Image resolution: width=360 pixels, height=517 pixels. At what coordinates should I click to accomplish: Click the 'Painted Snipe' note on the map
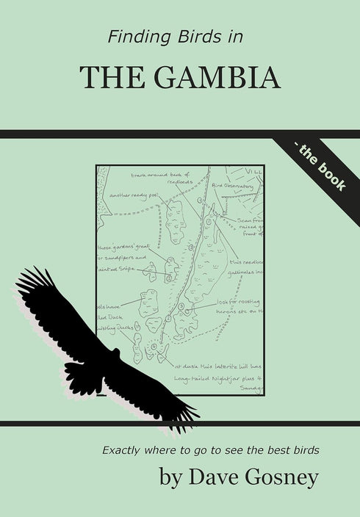[118, 270]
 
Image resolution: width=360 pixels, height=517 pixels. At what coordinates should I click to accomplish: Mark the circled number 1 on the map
[209, 221]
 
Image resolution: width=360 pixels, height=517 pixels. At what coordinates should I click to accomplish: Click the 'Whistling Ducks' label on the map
[112, 328]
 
